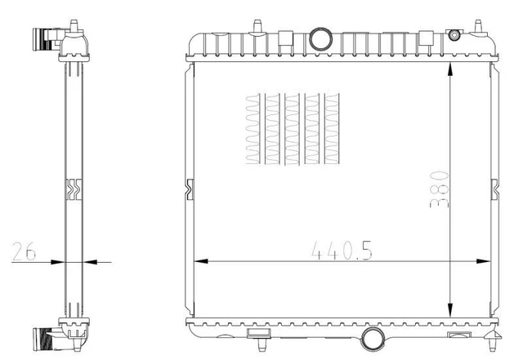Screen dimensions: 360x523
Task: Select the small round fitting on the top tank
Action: coord(454,35)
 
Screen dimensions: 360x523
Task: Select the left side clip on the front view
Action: coord(190,189)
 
